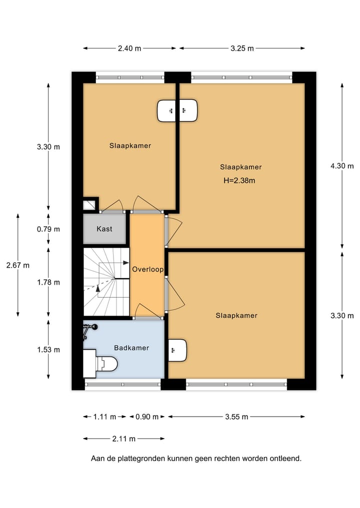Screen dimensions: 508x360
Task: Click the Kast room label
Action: [x=104, y=229]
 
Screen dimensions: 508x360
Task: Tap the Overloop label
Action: [x=147, y=269]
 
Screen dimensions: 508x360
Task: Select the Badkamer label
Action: [x=131, y=348]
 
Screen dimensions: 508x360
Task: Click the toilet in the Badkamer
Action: [x=106, y=364]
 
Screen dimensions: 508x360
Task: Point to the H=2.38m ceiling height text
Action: [x=239, y=180]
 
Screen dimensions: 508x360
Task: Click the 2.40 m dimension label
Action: [x=129, y=48]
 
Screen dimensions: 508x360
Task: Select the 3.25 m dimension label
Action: [x=242, y=48]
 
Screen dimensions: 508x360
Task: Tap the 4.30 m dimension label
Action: [x=342, y=166]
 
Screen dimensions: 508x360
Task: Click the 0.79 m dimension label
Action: [x=48, y=229]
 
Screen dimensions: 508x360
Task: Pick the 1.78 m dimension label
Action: [x=48, y=282]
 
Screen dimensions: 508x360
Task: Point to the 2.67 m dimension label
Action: [x=17, y=265]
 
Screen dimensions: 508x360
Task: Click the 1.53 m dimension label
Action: [x=48, y=350]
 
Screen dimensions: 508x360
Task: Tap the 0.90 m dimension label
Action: [x=147, y=417]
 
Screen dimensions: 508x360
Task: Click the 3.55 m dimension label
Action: [x=236, y=417]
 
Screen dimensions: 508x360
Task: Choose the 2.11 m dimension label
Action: [x=123, y=439]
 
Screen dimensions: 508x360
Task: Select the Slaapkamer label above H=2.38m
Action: [x=240, y=167]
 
